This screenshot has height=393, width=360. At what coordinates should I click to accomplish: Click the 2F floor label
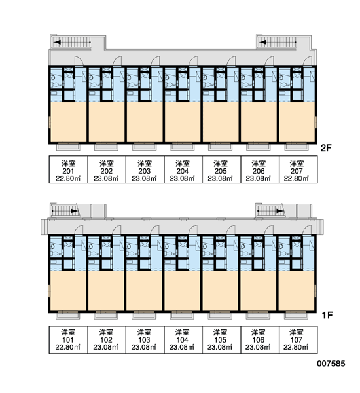(x=326, y=149)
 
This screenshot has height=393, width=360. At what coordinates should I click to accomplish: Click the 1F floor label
(x=327, y=315)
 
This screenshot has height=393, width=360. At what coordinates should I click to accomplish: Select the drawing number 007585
(x=331, y=364)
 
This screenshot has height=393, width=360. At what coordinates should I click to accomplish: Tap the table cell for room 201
(x=68, y=170)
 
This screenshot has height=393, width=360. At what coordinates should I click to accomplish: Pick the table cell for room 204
(x=183, y=170)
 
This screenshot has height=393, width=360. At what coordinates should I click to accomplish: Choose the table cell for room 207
(x=298, y=170)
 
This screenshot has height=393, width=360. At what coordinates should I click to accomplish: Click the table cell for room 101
(x=68, y=339)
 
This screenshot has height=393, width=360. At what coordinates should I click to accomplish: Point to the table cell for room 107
(x=298, y=339)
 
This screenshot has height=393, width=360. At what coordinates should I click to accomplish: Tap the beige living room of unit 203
(x=145, y=122)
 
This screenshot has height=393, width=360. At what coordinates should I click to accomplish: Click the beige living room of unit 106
(x=259, y=290)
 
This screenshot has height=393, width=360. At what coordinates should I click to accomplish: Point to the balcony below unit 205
(x=221, y=146)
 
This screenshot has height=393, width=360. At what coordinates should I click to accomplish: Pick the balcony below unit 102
(x=106, y=315)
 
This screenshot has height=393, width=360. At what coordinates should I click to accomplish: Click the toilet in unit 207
(x=283, y=85)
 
